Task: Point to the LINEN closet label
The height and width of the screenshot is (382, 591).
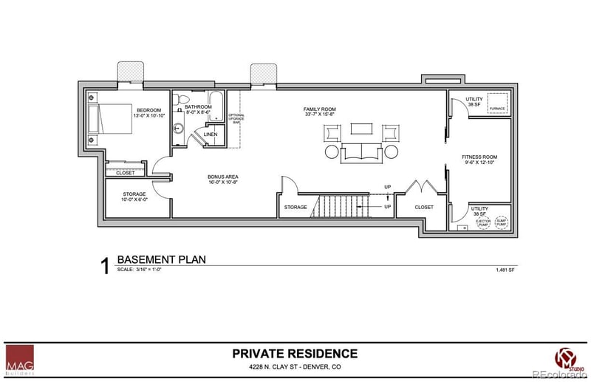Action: click(x=211, y=134)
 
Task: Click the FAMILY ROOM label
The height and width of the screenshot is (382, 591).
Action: click(x=319, y=110)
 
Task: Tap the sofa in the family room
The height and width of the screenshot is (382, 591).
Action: click(x=360, y=151)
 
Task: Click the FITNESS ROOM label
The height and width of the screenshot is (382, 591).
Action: click(x=479, y=157)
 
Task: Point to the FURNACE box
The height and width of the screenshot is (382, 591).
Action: click(x=496, y=104)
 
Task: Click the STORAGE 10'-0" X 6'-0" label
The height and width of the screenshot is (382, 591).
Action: click(x=134, y=196)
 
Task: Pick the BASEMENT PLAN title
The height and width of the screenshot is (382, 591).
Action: click(x=161, y=259)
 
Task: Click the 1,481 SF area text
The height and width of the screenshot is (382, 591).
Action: click(x=505, y=270)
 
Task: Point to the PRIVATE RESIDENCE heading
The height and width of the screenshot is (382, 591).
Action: click(x=295, y=353)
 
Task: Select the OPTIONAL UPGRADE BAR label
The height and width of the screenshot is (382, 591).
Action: click(x=236, y=118)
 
